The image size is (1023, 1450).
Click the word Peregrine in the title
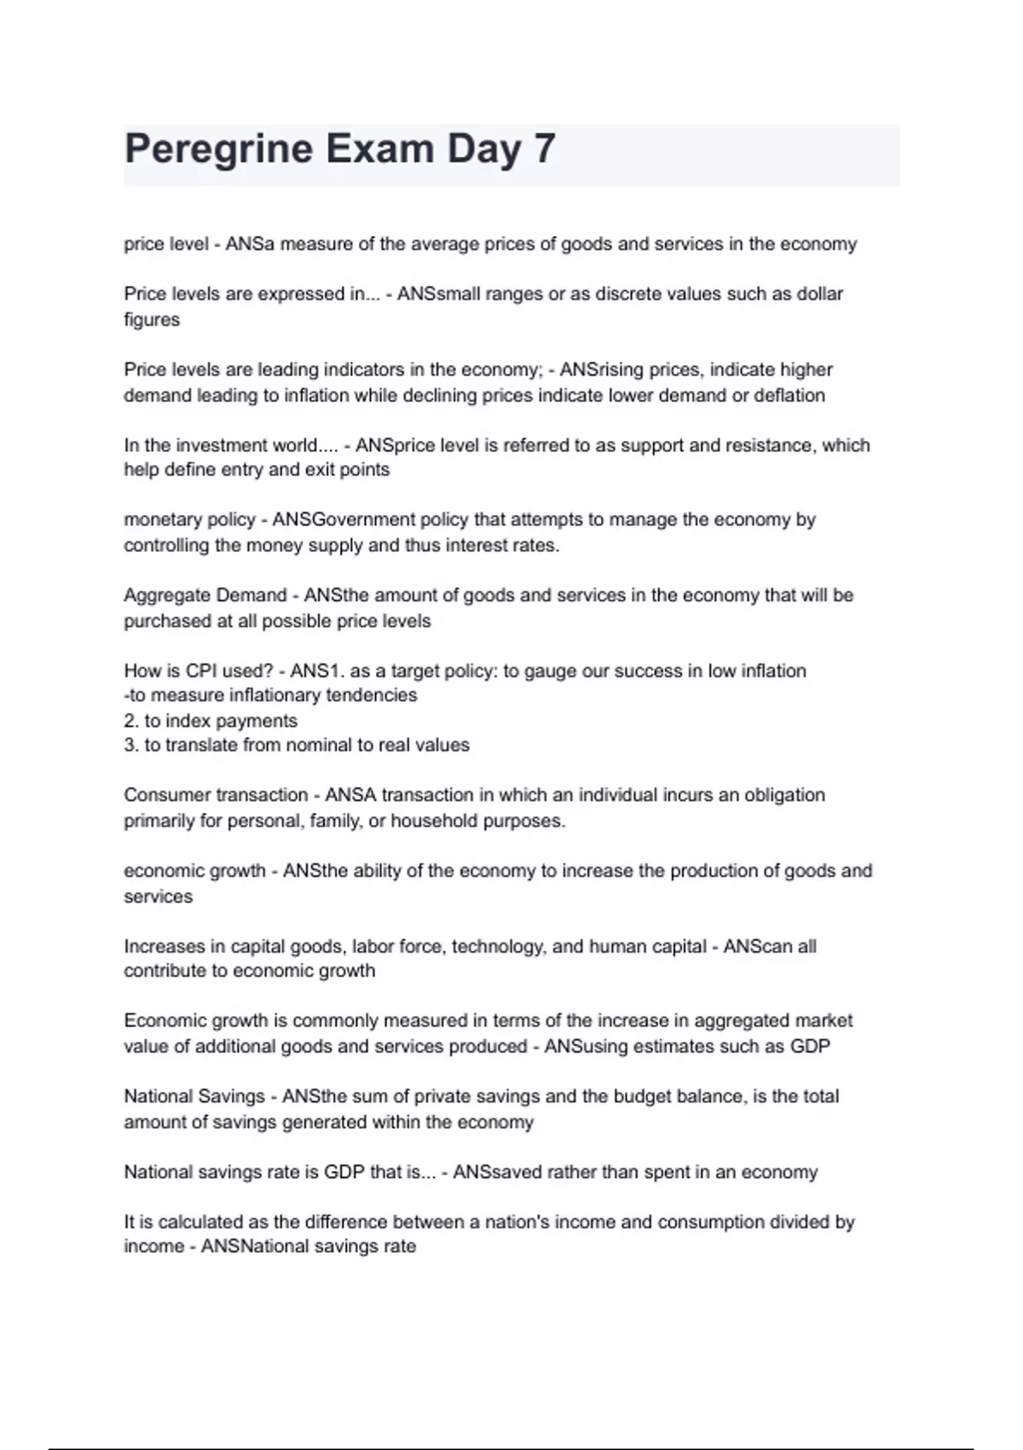coord(219,150)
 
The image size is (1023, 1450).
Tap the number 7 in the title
coord(545,148)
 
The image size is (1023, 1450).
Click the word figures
coord(152,320)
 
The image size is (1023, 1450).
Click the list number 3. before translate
coord(131,745)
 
